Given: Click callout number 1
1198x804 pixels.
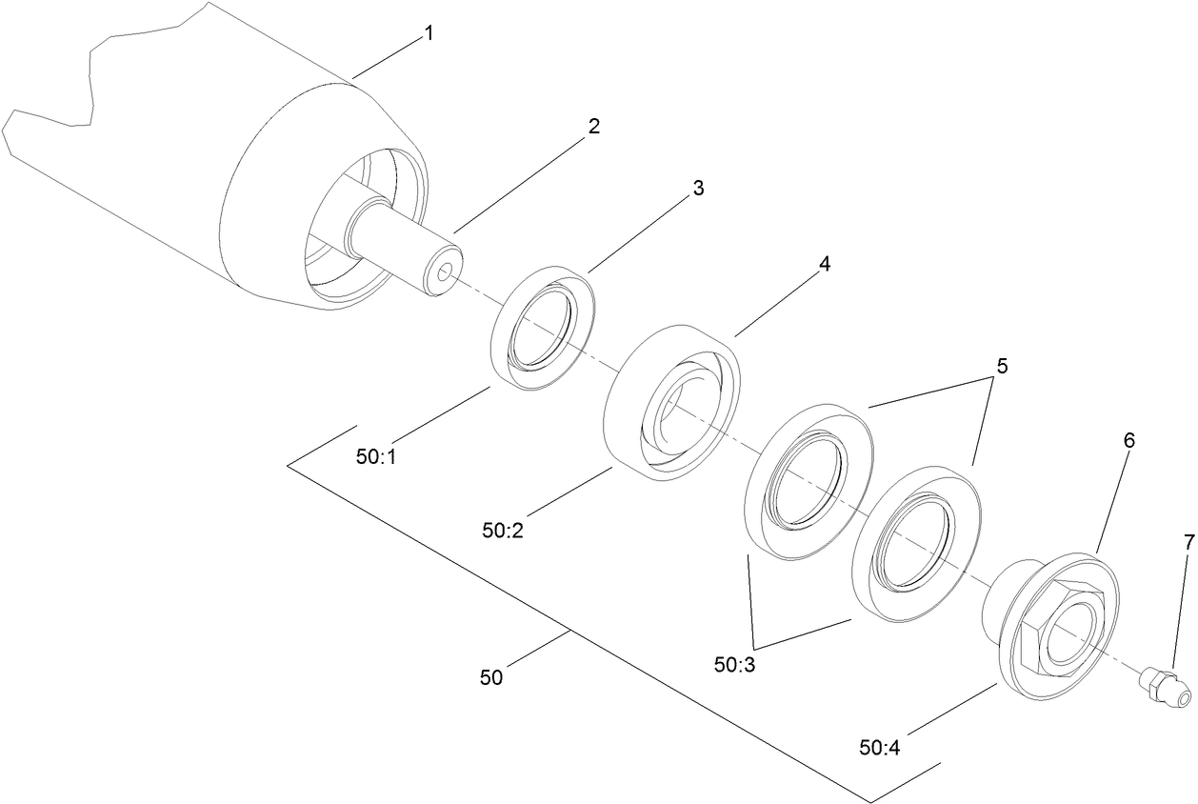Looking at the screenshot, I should click(x=429, y=33).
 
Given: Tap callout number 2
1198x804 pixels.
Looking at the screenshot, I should click(x=593, y=127).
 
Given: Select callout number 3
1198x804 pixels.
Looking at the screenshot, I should click(x=698, y=189).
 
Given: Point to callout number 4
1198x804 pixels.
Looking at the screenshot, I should click(x=825, y=265).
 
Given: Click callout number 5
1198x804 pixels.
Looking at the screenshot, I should click(x=1001, y=366).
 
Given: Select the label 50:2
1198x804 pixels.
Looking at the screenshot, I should click(x=503, y=530).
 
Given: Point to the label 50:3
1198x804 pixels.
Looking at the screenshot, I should click(x=735, y=665).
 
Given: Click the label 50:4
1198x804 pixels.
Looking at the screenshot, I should click(x=880, y=748).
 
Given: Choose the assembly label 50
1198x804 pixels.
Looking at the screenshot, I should click(x=490, y=678).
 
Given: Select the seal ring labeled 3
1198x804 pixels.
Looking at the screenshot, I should click(x=543, y=329).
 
